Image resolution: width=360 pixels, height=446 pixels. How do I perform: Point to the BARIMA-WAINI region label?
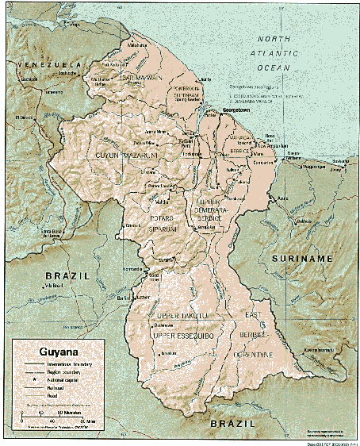[143, 79]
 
